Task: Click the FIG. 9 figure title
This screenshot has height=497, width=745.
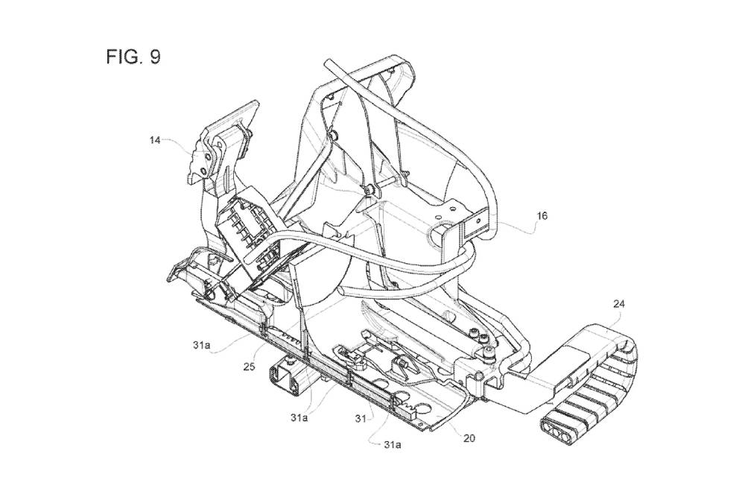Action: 133,57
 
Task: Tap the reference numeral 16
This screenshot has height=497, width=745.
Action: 542,216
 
